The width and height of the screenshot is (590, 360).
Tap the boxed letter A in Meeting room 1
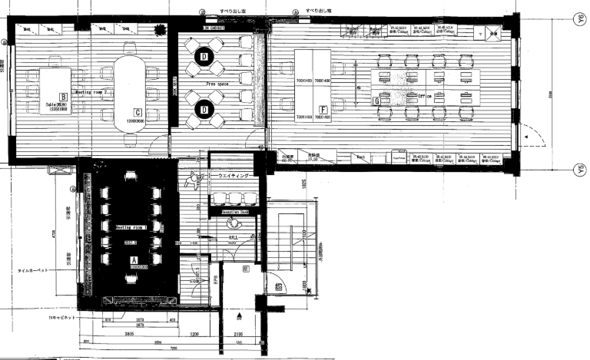pyautogui.click(x=134, y=260)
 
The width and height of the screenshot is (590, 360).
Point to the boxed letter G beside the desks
pyautogui.click(x=376, y=101)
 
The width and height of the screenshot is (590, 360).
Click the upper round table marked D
pyautogui.click(x=204, y=56)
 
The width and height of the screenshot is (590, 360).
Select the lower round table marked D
pyautogui.click(x=204, y=110)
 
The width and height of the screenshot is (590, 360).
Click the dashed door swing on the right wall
pyautogui.click(x=530, y=142)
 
